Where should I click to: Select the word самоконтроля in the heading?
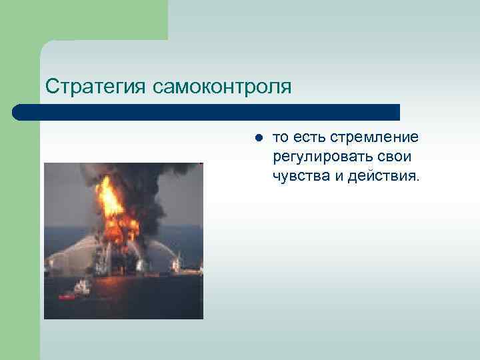click(222, 87)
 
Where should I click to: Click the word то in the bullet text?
click(281, 137)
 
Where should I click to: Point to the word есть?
click(310, 137)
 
